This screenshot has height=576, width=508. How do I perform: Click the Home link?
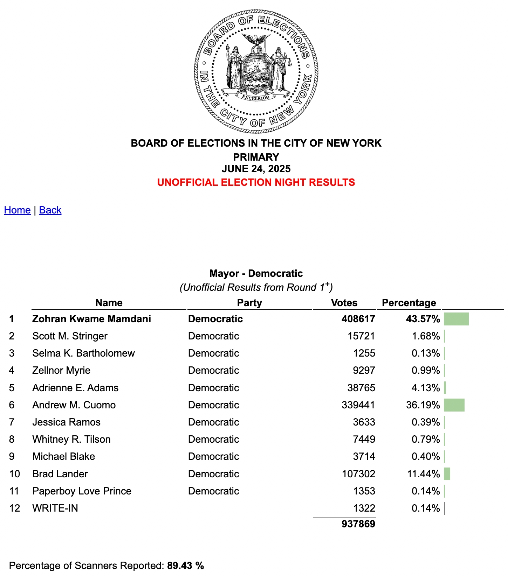(x=17, y=210)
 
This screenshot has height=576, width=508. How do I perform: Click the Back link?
(x=50, y=210)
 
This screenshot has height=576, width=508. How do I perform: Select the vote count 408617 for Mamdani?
(x=358, y=319)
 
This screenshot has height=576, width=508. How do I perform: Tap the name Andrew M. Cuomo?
(x=74, y=405)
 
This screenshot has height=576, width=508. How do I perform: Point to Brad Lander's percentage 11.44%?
(x=423, y=474)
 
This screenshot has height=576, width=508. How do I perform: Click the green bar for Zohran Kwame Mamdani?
(x=456, y=319)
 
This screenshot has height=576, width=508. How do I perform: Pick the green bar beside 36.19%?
(x=454, y=405)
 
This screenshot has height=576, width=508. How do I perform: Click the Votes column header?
(x=344, y=303)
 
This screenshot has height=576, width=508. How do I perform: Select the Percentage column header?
(x=409, y=303)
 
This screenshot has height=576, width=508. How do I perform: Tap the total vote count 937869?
(x=358, y=524)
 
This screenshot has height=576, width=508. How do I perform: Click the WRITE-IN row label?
(x=55, y=508)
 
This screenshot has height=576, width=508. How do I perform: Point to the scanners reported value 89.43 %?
(x=185, y=566)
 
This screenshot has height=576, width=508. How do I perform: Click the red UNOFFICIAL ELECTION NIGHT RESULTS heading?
(x=256, y=182)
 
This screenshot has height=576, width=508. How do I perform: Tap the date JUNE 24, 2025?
(x=256, y=169)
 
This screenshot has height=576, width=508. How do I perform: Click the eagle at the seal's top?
(x=256, y=39)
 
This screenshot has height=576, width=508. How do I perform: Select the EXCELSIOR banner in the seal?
(x=256, y=98)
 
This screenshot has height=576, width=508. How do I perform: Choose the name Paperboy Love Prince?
(x=82, y=491)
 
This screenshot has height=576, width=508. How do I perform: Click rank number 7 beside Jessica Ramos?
(x=12, y=422)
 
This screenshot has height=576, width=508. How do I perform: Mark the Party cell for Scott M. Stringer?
(x=213, y=336)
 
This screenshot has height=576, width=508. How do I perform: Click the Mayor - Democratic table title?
(x=256, y=273)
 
